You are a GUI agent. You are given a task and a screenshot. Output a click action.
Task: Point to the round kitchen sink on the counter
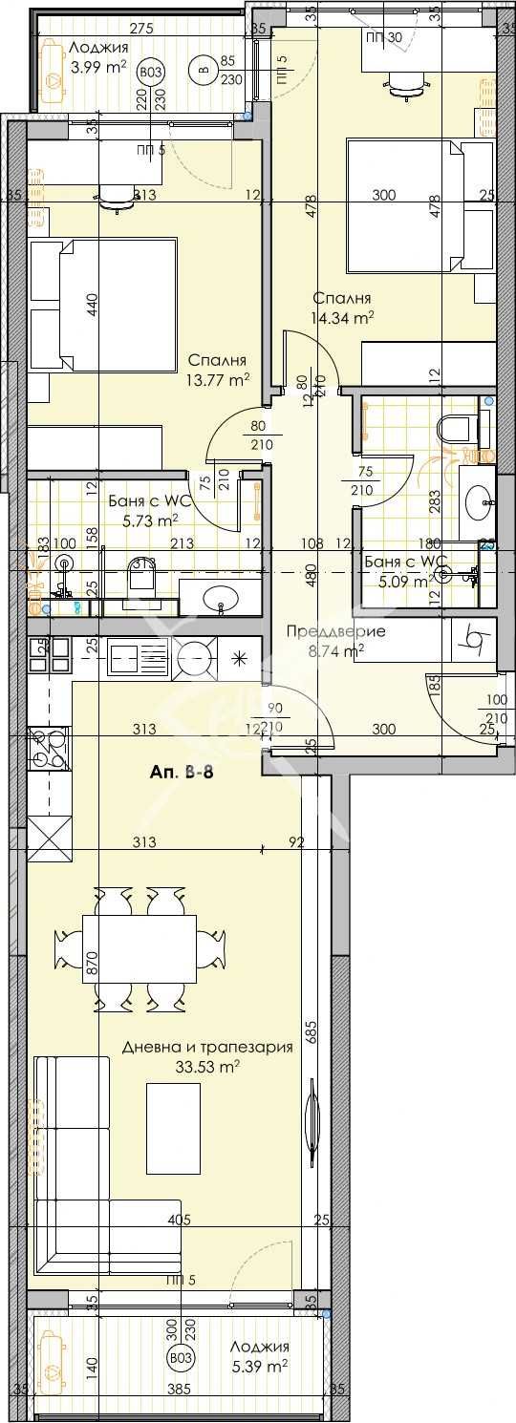(195, 656)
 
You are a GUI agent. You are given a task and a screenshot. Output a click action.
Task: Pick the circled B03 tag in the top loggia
(149, 72)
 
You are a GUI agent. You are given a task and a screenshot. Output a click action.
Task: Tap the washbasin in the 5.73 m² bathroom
(223, 599)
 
